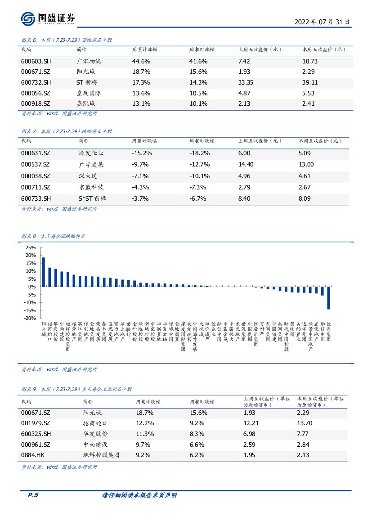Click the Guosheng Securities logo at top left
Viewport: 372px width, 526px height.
click(48, 18)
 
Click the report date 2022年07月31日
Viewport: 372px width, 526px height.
click(322, 22)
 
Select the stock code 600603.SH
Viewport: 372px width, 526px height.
click(36, 61)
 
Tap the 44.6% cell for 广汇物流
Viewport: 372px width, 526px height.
click(141, 61)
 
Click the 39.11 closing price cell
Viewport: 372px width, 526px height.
click(310, 82)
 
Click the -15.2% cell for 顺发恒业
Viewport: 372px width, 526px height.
click(142, 153)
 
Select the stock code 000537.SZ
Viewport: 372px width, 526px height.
click(36, 165)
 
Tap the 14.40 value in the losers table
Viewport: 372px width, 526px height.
click(247, 165)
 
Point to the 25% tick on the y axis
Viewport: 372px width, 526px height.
click(30, 247)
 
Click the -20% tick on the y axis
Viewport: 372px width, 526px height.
click(30, 318)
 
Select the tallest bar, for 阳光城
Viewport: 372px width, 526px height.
click(44, 272)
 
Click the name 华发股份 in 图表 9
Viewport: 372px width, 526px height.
click(95, 434)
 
